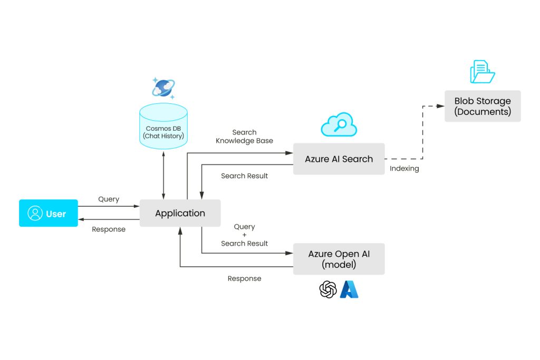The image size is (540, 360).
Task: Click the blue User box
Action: (49, 213)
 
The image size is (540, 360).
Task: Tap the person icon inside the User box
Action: (35, 213)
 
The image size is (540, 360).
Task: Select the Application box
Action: (180, 213)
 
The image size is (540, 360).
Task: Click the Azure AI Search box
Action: (339, 159)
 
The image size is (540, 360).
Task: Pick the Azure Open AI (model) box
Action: (339, 259)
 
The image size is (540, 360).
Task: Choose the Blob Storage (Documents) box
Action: (483, 106)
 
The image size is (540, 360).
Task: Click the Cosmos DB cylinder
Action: (163, 127)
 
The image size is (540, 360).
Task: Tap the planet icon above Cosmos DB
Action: (163, 88)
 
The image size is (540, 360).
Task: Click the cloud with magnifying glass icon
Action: (339, 125)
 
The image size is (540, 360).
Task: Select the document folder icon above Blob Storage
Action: (482, 72)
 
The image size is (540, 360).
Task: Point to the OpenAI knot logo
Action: (328, 289)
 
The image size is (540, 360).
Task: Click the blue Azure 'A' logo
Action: (349, 289)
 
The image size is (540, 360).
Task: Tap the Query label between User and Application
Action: (109, 199)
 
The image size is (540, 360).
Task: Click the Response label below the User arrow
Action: (109, 229)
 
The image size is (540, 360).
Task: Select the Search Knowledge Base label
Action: (244, 137)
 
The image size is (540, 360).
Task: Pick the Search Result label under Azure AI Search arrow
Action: (244, 176)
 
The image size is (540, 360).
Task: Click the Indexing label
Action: (404, 169)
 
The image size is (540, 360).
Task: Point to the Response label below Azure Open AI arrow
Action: (244, 278)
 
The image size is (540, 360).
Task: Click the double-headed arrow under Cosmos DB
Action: (163, 174)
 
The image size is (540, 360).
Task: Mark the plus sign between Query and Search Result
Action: (244, 235)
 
